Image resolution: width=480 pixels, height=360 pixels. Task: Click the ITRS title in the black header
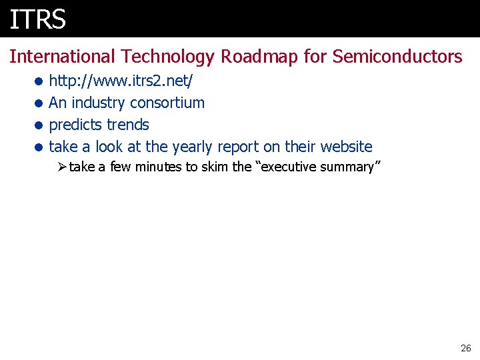[x=38, y=19]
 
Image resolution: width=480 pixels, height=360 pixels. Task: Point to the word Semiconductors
[x=397, y=57]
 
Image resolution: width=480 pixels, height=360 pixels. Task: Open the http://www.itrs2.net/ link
[x=121, y=81]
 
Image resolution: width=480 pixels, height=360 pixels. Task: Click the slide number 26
[x=465, y=348]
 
